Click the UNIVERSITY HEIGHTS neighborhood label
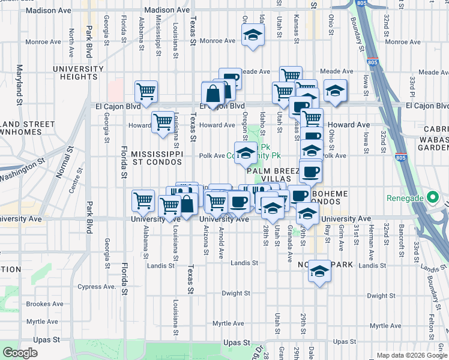[x=78, y=73]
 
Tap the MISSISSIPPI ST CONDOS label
[x=157, y=158]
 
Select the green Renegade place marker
[x=431, y=197]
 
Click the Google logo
[x=20, y=353]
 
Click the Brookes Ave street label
[x=45, y=304]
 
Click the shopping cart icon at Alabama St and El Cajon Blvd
[x=146, y=92]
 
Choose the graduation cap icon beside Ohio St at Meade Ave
[x=335, y=91]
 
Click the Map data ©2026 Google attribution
[x=411, y=355]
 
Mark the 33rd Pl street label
[x=413, y=87]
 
